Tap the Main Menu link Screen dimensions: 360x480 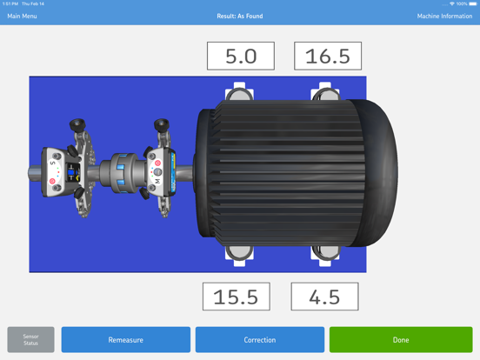pos(23,17)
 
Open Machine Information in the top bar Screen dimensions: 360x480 pos(444,17)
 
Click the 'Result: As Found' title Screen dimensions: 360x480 pos(239,17)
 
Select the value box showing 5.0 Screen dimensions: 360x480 pos(241,57)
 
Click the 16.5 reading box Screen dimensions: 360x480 pos(328,57)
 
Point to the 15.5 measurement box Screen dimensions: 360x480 pos(237,297)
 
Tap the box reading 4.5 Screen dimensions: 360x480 pos(324,297)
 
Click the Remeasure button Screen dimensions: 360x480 pos(125,339)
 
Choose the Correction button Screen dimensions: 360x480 pos(259,339)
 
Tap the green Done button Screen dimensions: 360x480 pos(400,339)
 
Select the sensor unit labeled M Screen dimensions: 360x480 pos(157,169)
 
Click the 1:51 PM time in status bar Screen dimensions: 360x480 pos(10,3)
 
